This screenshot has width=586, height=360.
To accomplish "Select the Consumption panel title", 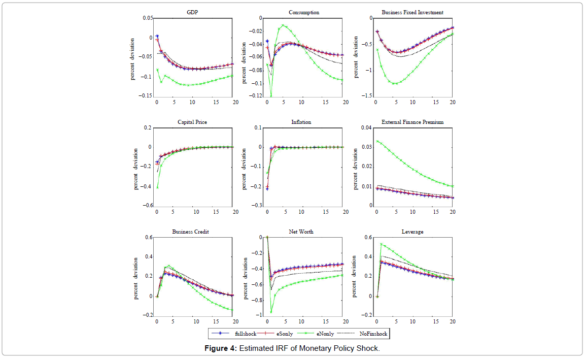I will (304, 12).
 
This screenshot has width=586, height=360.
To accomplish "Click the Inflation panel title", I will (301, 122).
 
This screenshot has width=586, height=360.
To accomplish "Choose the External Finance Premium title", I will (412, 122).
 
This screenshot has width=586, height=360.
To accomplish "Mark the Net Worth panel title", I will (302, 232).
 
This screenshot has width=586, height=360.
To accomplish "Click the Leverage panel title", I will (412, 232).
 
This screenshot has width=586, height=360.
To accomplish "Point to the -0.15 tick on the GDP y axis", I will (146, 96).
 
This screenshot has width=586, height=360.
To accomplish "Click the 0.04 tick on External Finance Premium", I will (366, 128).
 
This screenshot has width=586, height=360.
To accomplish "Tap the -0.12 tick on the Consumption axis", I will (256, 96).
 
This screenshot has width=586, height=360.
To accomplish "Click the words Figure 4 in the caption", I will (220, 348).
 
